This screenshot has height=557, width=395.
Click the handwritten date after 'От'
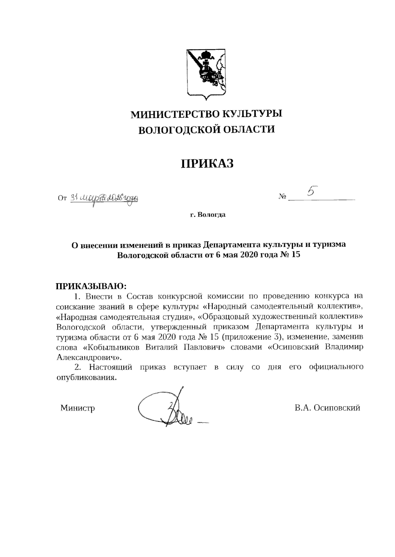pyautogui.click(x=104, y=198)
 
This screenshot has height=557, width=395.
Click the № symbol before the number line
pyautogui.click(x=282, y=197)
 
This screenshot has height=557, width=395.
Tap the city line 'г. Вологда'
pyautogui.click(x=207, y=215)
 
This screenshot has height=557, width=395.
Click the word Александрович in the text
pyautogui.click(x=88, y=358)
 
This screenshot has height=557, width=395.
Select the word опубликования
pyautogui.click(x=87, y=377)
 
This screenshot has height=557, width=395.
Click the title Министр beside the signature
pyautogui.click(x=78, y=408)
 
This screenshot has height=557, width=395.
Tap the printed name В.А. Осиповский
pyautogui.click(x=327, y=408)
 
